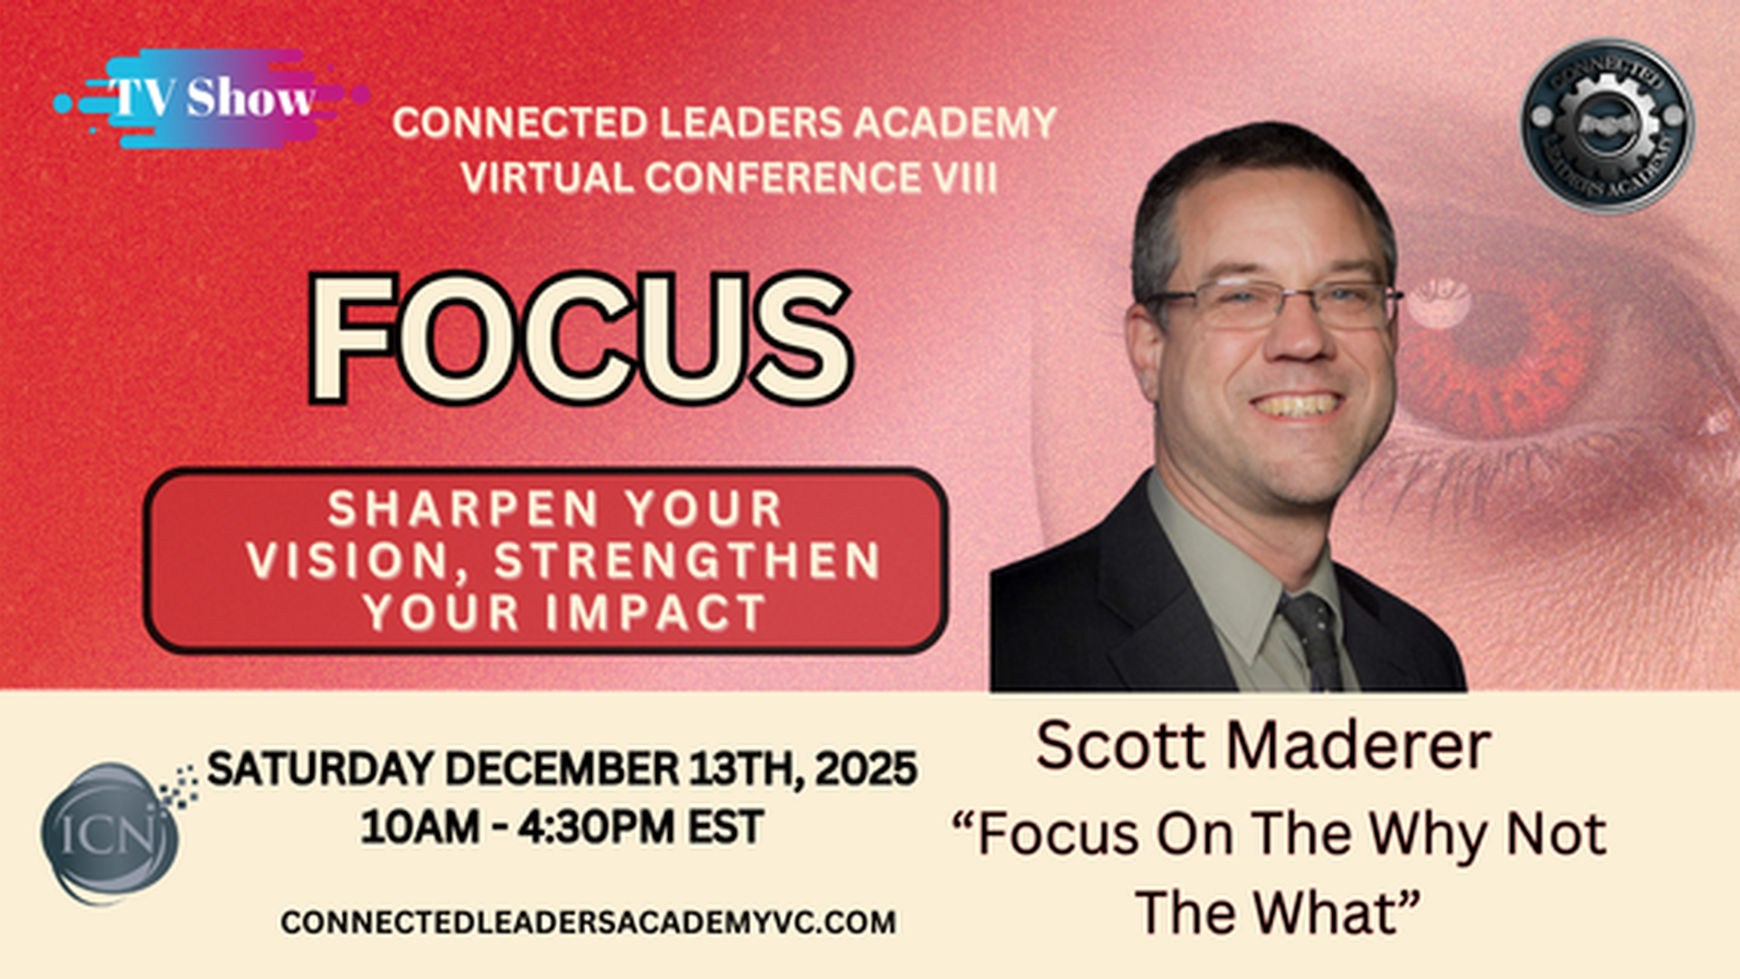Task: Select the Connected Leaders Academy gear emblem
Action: click(1607, 124)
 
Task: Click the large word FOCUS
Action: click(580, 338)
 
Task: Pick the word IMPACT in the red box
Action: click(656, 613)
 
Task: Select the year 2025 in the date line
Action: click(865, 769)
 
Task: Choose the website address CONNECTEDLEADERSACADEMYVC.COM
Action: click(588, 922)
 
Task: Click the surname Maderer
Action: click(1359, 746)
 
